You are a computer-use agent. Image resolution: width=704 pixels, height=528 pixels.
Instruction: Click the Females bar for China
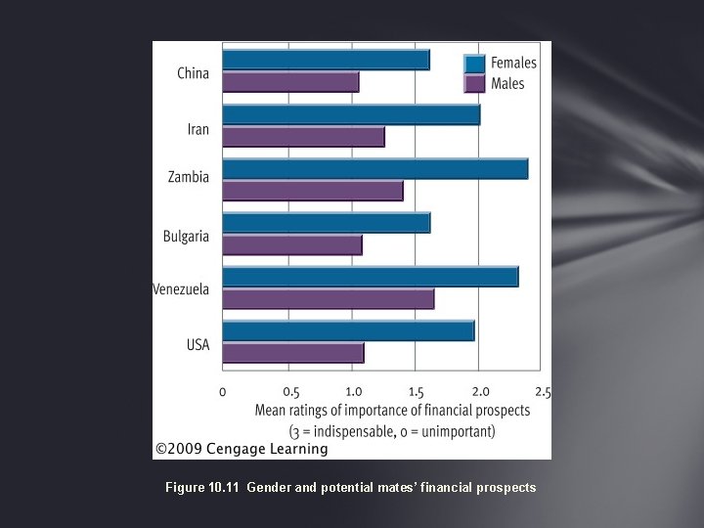point(326,61)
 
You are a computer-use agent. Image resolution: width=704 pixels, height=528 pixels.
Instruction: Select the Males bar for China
point(290,82)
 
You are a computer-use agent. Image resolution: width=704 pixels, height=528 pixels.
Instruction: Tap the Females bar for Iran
point(351,115)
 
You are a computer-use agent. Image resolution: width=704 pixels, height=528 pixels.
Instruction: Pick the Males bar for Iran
point(303,137)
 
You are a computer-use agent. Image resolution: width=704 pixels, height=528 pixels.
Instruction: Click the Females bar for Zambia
point(374,169)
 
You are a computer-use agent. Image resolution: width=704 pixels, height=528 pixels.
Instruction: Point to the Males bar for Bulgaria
point(292,244)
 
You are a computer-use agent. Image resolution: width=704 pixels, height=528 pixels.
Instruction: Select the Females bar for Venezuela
point(370,277)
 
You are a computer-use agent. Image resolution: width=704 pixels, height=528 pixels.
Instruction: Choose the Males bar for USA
point(293,352)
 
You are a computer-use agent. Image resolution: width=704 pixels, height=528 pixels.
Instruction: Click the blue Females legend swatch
point(475,64)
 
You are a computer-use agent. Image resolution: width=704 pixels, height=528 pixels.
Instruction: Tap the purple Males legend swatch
point(475,83)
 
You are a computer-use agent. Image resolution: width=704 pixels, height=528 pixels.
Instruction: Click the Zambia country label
point(189,177)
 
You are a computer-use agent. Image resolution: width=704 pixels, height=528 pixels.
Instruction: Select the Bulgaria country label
point(186,236)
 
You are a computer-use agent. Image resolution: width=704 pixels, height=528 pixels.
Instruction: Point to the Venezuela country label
point(181,289)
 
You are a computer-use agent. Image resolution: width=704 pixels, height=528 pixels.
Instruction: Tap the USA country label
point(198,344)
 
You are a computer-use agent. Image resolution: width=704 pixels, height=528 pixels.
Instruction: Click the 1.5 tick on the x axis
point(415,392)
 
